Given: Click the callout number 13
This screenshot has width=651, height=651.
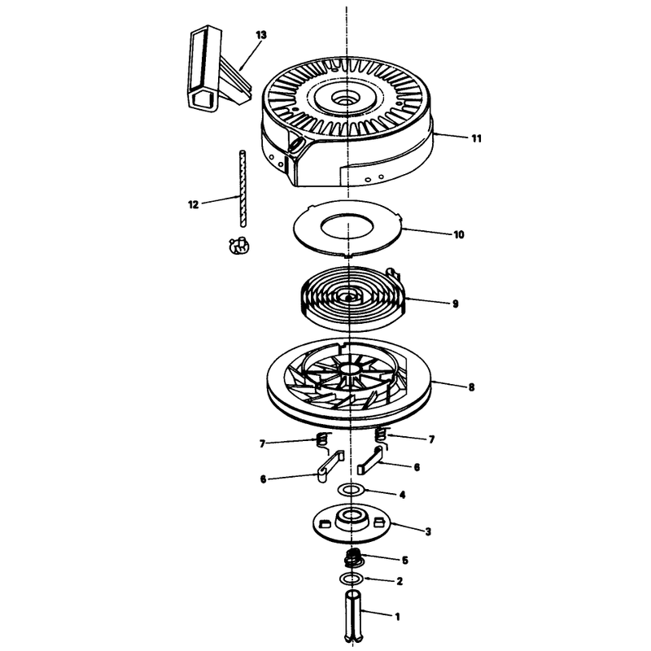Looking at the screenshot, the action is [x=260, y=35].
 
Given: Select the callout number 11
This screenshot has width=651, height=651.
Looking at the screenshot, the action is [x=477, y=138].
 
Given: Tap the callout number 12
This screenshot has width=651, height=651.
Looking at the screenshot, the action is [x=194, y=204].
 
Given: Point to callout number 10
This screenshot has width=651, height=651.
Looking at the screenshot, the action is [x=458, y=234].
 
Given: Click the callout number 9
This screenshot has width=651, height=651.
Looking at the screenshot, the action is [x=456, y=304].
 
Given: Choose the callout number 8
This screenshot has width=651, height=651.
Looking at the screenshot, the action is [x=471, y=387].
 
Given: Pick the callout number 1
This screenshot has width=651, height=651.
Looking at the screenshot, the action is [x=397, y=617].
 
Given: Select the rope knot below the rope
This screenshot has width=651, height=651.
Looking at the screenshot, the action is [x=238, y=246].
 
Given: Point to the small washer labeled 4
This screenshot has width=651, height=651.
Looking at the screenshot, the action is [x=352, y=490].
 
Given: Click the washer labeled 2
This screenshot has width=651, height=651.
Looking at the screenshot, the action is [x=352, y=578].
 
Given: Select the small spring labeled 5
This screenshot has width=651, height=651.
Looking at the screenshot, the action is [x=354, y=558].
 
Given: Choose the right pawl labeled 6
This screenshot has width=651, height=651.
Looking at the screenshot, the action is [x=370, y=461].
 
